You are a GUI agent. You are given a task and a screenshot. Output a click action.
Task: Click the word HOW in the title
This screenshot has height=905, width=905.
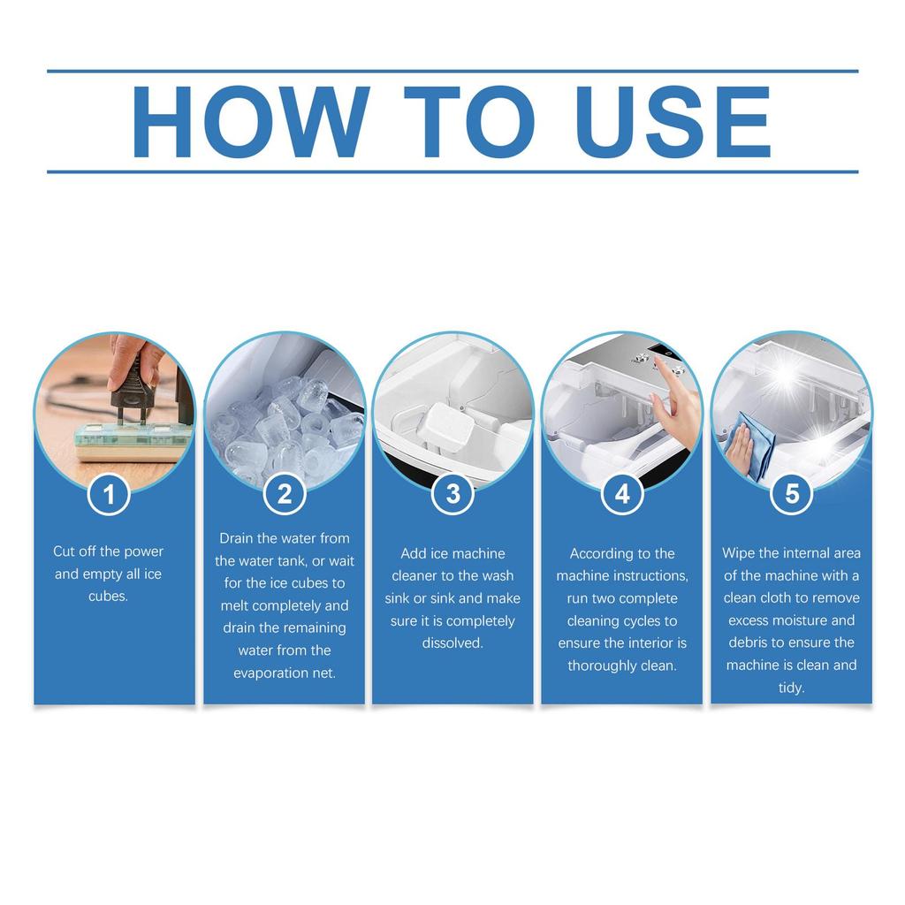tap(251, 122)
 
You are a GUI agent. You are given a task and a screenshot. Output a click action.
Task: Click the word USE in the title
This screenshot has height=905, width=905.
tap(673, 122)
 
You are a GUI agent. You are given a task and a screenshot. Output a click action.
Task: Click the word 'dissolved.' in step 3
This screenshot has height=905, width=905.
tap(452, 643)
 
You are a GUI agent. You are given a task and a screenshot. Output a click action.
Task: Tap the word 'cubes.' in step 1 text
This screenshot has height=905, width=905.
tap(108, 597)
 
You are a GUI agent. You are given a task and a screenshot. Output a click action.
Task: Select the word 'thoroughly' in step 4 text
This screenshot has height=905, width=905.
tap(598, 665)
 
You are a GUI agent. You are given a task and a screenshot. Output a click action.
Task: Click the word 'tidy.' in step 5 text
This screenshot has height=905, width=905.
tap(791, 688)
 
